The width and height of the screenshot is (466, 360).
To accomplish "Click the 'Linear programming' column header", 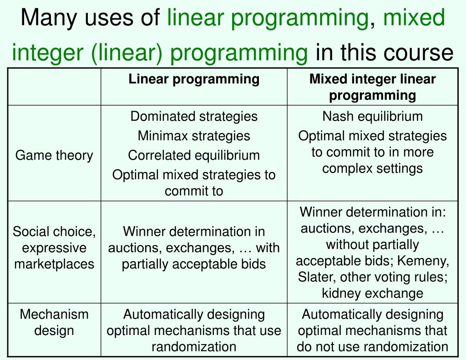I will click(x=194, y=79).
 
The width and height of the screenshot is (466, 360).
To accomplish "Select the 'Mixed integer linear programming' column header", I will click(x=372, y=87).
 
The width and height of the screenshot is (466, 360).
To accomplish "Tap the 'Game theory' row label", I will click(x=54, y=156).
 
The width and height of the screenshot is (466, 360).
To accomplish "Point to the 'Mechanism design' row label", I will click(x=54, y=322).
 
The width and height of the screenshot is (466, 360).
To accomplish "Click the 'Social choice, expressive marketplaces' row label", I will click(x=54, y=248).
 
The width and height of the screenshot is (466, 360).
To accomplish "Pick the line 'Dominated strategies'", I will click(x=194, y=117).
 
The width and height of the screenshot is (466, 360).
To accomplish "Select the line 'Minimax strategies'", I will click(x=194, y=136).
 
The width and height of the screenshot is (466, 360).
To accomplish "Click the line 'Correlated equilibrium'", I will click(x=194, y=155).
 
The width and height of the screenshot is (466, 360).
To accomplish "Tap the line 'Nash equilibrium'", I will click(x=372, y=117).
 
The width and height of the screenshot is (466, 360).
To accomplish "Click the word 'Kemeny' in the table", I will click(x=425, y=261).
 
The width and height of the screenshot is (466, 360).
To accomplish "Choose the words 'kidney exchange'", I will click(x=372, y=294).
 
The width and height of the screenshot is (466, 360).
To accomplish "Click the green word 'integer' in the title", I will click(x=47, y=52).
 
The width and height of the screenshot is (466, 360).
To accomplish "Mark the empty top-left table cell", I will click(x=54, y=87).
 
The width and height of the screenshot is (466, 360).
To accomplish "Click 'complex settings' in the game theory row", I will click(x=372, y=168).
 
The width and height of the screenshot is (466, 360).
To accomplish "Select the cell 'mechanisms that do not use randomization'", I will click(x=372, y=330).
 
